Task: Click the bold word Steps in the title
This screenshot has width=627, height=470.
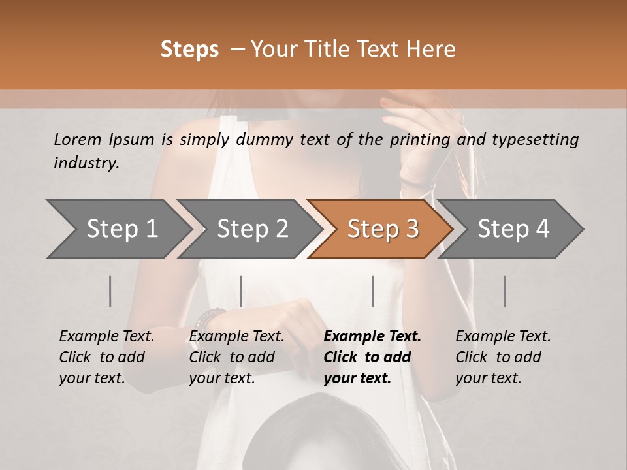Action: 189,50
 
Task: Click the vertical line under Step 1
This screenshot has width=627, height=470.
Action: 110,291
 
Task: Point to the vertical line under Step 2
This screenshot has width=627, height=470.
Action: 241,291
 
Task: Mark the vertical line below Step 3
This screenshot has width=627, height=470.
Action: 373,291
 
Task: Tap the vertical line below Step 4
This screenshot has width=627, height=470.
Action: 505,291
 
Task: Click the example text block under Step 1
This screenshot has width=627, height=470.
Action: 106,357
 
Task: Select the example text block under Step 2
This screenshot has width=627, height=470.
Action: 236,357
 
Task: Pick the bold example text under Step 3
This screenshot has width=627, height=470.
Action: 372,357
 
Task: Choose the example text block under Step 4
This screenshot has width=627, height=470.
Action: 502,357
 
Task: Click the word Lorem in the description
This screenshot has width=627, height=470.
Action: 78,139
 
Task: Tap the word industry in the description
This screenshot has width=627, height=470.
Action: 86,163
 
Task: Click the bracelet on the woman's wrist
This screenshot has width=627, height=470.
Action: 210,319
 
